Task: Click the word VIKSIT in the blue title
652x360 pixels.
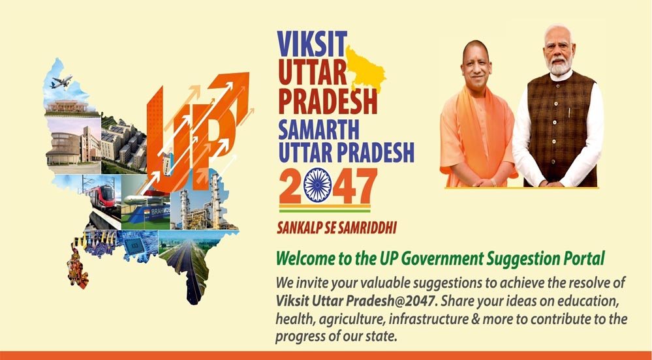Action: click(312, 44)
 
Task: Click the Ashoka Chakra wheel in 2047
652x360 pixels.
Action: click(318, 185)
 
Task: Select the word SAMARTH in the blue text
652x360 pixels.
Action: click(318, 130)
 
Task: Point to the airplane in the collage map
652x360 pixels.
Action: click(61, 81)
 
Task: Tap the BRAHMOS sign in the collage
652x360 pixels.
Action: click(160, 211)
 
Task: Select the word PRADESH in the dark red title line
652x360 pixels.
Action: click(328, 100)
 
